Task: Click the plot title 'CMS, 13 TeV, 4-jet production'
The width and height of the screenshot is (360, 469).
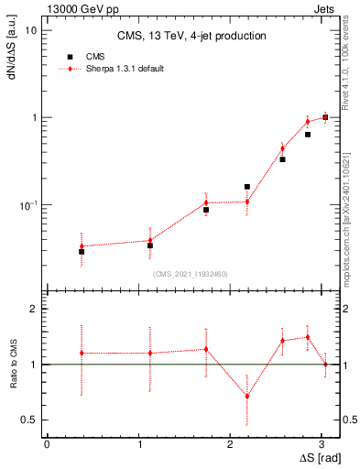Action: coord(191,37)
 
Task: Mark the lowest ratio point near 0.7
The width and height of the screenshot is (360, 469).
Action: coord(247,397)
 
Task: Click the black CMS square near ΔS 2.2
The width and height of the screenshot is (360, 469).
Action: coord(247,187)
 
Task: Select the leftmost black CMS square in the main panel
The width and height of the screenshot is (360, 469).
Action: coord(82,251)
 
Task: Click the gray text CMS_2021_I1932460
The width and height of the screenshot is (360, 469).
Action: coord(191,274)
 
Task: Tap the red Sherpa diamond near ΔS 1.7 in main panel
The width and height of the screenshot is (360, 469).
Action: coord(206,202)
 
